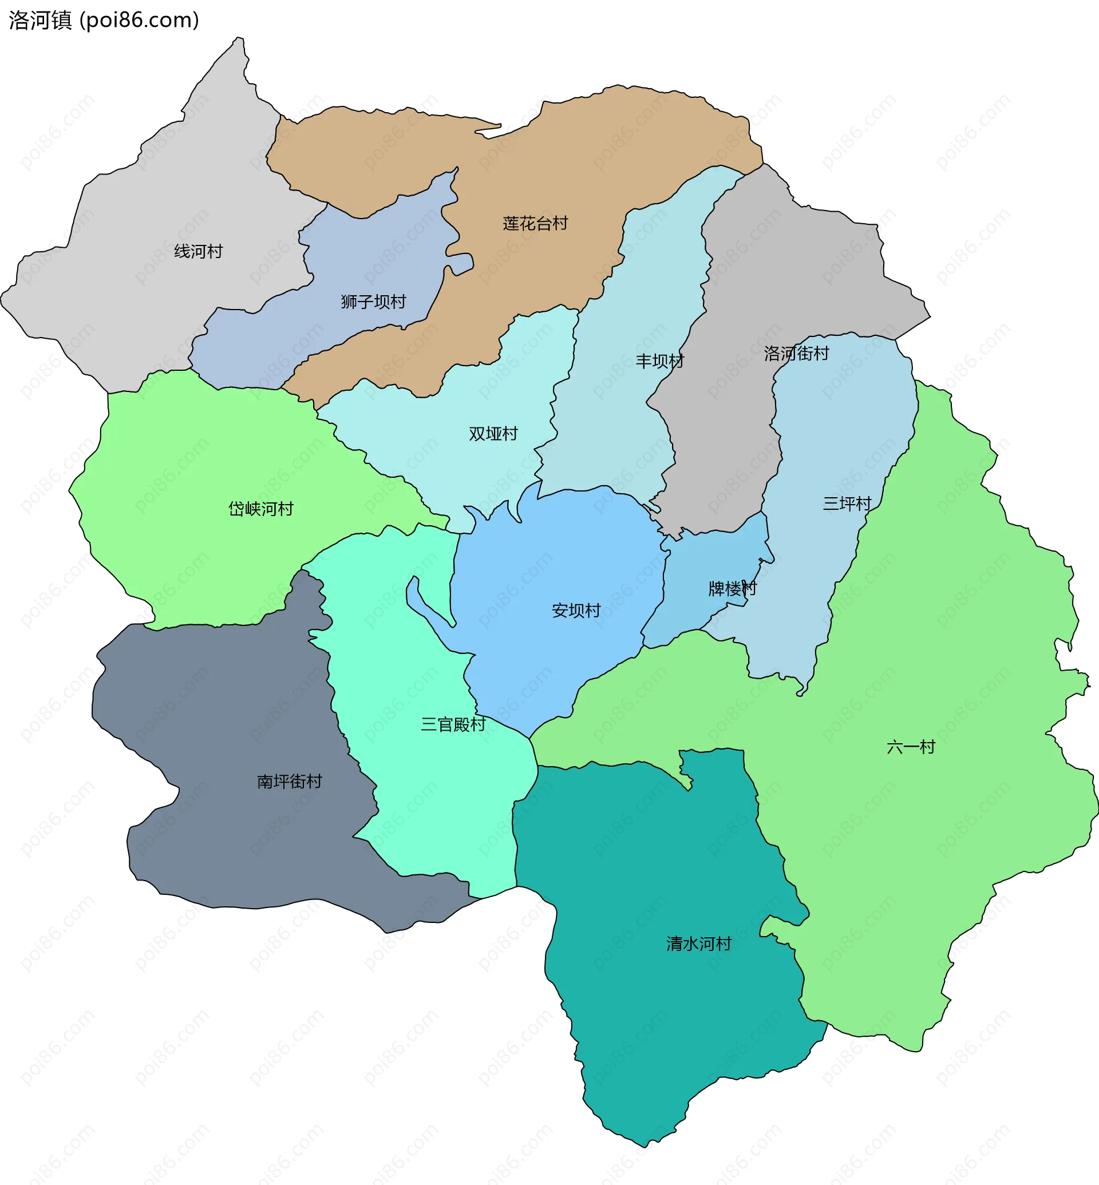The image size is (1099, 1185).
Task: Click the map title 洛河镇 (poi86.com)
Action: point(104,20)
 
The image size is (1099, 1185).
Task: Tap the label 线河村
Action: point(198,252)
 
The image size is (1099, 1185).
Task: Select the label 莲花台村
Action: point(535,224)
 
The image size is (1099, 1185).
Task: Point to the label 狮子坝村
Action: point(373,302)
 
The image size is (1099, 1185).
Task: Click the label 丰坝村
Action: point(659,361)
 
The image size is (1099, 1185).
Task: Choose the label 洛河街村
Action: point(796,354)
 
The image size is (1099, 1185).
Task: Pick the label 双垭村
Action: point(493,434)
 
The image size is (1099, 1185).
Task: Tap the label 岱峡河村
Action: point(260,509)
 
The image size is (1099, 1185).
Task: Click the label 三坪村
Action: point(847,504)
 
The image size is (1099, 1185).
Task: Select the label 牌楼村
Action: point(732,589)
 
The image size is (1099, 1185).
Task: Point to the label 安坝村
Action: point(576,611)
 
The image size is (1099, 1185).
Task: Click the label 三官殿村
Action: point(453,724)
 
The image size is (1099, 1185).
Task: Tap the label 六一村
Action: point(911,747)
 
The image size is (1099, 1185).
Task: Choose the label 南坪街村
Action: point(289,781)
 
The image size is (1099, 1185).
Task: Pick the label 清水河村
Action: point(698,944)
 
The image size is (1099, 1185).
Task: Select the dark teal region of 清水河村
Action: point(654,1011)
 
